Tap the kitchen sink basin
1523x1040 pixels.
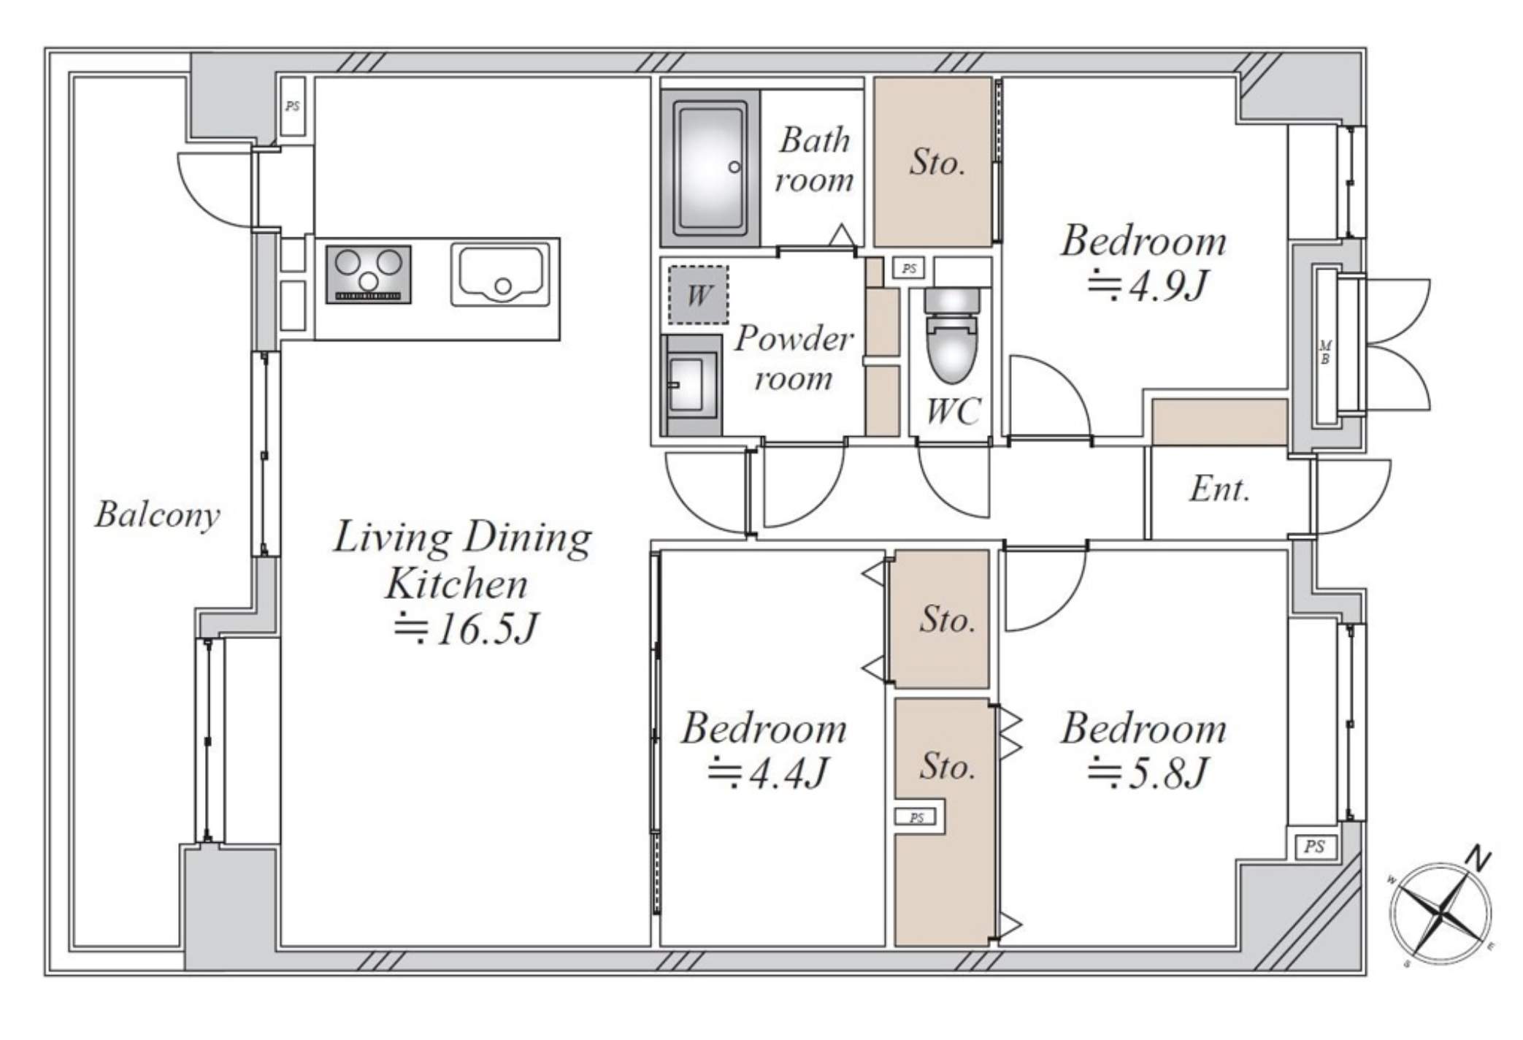click(500, 274)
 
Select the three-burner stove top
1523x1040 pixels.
click(369, 274)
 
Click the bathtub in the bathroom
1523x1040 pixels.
click(710, 168)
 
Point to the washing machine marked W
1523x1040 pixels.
click(698, 294)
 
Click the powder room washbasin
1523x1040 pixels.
click(690, 385)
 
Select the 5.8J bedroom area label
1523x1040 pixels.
click(1148, 773)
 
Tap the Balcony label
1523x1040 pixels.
click(157, 515)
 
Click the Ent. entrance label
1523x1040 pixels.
click(1219, 489)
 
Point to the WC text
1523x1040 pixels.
click(953, 412)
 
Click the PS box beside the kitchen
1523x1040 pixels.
click(293, 107)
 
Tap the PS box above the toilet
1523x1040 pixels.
click(909, 269)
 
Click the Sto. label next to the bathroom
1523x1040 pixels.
click(937, 161)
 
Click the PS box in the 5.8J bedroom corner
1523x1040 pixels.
click(1314, 846)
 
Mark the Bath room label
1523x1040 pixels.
click(814, 160)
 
